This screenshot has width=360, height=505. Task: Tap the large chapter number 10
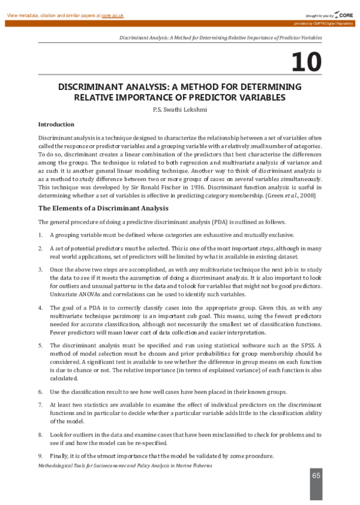[x=306, y=62]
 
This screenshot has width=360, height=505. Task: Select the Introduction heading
[x=56, y=125]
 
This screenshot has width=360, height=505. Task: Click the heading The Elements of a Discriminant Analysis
[x=103, y=208]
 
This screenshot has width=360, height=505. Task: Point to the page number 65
[x=316, y=476]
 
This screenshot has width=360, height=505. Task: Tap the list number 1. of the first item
[x=40, y=235]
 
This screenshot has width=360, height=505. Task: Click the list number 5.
[x=40, y=345]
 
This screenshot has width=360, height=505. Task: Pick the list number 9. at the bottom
[x=40, y=456]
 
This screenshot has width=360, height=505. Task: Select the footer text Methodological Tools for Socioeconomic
[x=90, y=465]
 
